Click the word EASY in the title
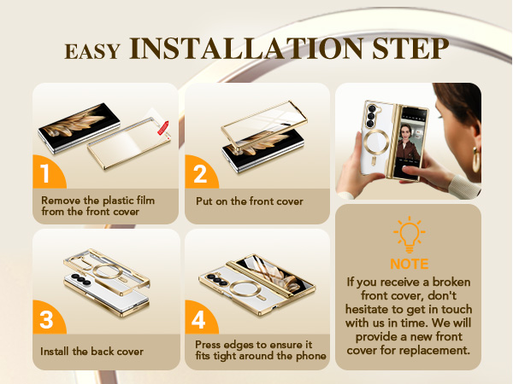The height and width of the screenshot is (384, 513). (92, 51)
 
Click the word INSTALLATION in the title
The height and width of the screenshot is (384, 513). (246, 49)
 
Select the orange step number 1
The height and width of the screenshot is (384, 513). (45, 173)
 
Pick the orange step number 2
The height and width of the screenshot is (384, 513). (200, 173)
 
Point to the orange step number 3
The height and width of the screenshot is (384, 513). (46, 319)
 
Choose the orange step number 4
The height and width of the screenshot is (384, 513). (198, 319)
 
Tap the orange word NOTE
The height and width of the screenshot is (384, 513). (410, 264)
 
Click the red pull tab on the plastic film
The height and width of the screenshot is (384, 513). (163, 128)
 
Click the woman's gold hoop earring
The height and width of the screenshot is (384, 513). (476, 160)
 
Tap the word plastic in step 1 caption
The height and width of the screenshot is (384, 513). (118, 201)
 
